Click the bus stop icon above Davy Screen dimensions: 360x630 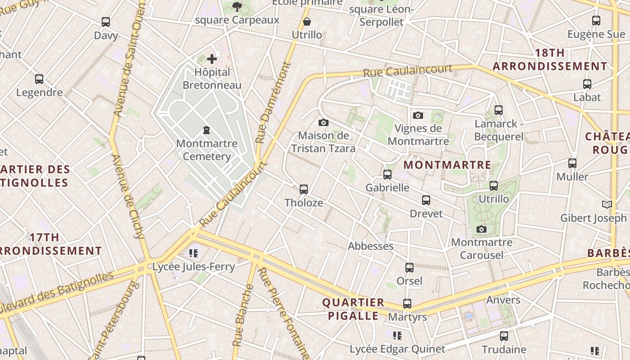tap(106, 22)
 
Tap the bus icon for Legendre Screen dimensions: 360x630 tap(39, 79)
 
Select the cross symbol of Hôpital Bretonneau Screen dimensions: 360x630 tap(212, 58)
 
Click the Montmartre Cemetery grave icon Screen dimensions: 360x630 tap(207, 130)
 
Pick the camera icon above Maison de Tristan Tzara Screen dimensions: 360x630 tap(323, 122)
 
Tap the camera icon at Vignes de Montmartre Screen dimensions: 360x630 tap(418, 115)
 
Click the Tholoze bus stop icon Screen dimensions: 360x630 tap(304, 189)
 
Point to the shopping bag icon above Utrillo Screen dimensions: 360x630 tap(307, 21)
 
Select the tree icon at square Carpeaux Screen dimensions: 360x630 tap(237, 6)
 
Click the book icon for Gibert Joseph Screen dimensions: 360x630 tap(607, 204)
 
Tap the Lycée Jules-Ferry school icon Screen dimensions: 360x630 tap(193, 253)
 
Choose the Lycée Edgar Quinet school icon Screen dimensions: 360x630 tap(397, 335)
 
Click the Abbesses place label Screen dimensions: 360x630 tap(370, 246)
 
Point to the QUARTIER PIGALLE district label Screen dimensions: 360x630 tap(353, 309)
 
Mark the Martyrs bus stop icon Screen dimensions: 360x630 tap(407, 304)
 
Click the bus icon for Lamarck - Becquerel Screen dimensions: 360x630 tap(498, 110)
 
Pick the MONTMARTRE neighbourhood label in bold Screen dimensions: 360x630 tap(447, 165)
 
